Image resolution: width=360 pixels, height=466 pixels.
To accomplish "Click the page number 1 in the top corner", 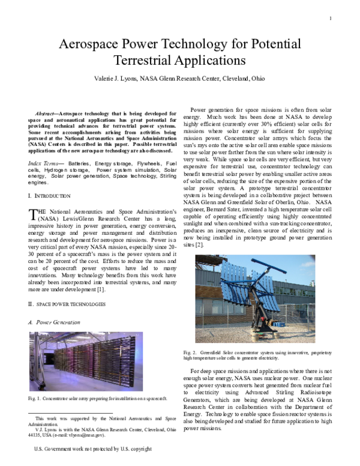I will click(331, 18).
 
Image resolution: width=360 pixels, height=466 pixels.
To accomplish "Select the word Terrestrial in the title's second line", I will click(146, 61).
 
